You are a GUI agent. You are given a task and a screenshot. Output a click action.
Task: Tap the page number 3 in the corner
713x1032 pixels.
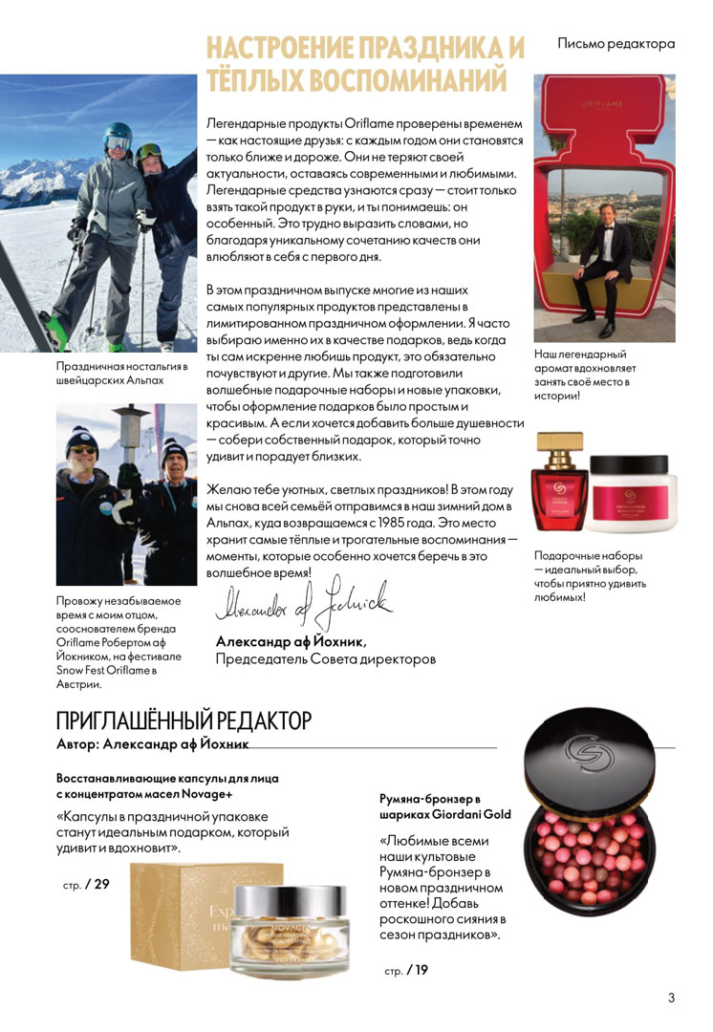[671, 999]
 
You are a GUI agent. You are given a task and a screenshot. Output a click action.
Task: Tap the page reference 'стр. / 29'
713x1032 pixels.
[86, 884]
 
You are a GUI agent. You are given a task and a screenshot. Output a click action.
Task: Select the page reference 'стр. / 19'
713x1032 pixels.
[406, 971]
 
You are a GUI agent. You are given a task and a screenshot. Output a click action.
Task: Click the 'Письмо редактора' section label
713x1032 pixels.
[616, 44]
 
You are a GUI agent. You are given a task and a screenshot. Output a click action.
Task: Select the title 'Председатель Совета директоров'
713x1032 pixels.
[326, 658]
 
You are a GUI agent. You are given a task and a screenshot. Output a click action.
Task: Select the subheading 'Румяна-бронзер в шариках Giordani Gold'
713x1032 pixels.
[444, 806]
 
